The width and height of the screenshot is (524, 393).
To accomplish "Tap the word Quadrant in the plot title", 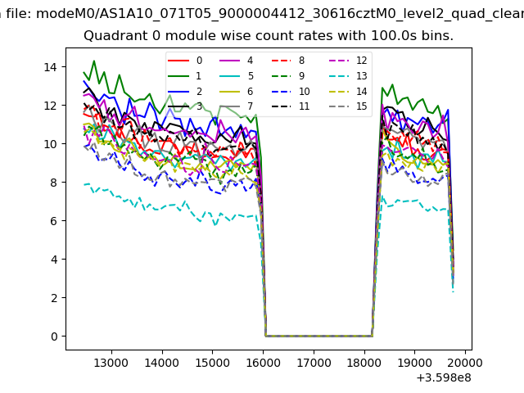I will coord(113,37).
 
